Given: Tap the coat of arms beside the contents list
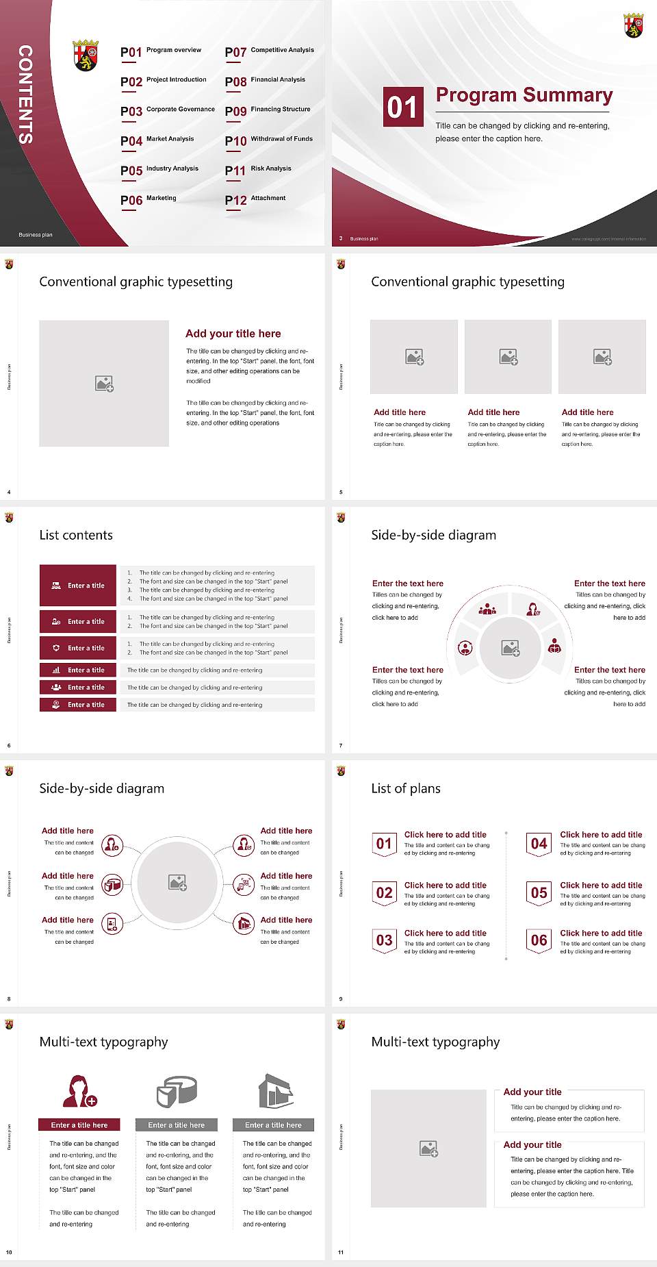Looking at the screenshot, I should pos(86,55).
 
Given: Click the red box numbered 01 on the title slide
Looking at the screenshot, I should pos(403,107).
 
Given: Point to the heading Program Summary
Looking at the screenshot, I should pos(524,95).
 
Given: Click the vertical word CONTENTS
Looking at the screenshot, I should pos(25,95).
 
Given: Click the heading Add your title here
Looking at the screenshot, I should pos(233,334).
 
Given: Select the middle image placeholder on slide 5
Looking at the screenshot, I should pos(508,357).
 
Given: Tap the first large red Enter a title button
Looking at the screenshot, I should pos(78,586).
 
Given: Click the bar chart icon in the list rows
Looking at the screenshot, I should pos(56,670).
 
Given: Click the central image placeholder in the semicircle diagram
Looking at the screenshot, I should pos(510,648).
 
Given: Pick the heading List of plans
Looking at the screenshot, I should pos(405,788).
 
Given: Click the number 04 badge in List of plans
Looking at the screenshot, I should pos(539,844).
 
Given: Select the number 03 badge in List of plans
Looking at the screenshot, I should pos(385,941).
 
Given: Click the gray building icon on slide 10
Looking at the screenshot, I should pos(276,1091).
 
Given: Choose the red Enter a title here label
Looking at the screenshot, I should pos(79,1125).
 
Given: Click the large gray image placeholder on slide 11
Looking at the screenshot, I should pos(428,1149).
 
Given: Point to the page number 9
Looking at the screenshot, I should pos(341,999).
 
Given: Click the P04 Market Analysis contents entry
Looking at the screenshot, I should pos(157,140).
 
